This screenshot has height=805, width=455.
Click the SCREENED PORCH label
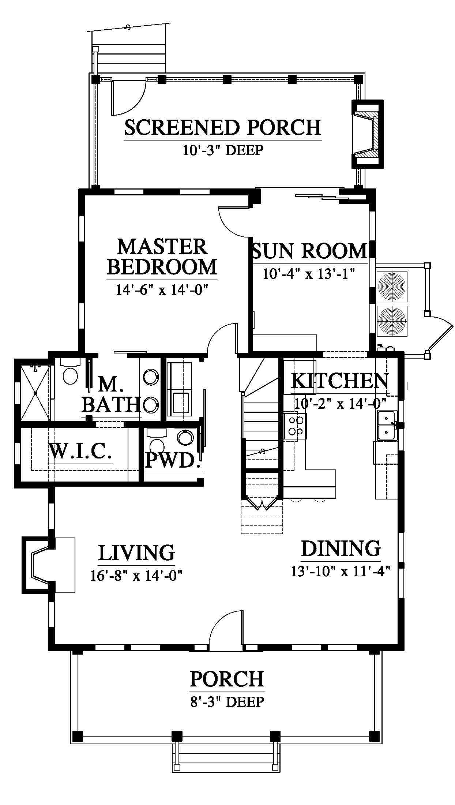(223, 127)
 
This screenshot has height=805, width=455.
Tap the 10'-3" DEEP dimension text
(223, 150)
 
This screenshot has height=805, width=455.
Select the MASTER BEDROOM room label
(162, 257)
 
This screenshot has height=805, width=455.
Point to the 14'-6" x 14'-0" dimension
(162, 290)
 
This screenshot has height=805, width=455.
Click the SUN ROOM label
(309, 251)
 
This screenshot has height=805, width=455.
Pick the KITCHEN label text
(340, 381)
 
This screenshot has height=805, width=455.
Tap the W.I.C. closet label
(80, 451)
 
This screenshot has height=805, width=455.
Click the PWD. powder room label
(173, 460)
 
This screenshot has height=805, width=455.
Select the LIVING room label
(136, 553)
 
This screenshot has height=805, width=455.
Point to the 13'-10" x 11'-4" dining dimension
(341, 571)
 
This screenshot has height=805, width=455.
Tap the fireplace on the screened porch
(367, 134)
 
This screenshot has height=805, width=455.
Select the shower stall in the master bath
(35, 393)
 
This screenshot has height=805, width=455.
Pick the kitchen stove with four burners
(295, 426)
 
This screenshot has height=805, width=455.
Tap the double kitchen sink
(387, 425)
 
